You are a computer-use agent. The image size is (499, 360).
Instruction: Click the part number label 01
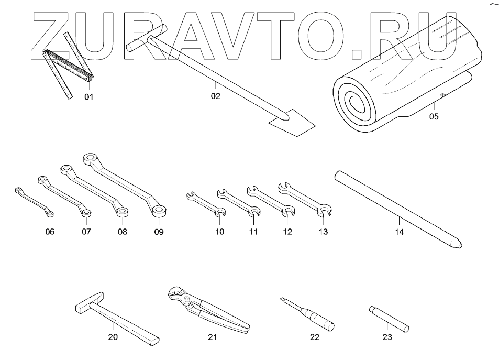coord(88,96)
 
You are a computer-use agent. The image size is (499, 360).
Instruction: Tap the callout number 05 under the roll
coord(434,116)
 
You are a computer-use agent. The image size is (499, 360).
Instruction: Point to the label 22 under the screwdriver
coord(314,337)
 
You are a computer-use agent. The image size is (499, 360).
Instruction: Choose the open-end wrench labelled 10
coord(206,204)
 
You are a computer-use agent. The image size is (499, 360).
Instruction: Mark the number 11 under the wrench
coord(253,232)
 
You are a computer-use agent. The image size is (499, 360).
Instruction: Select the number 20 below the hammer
coord(113,337)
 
